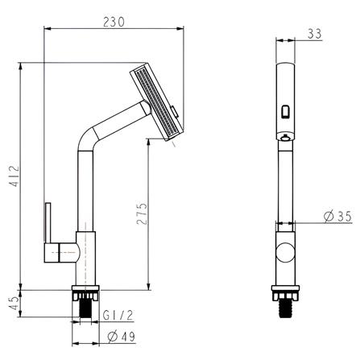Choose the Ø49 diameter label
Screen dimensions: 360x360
[x=119, y=337]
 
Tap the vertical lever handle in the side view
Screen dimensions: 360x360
[x=48, y=230]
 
